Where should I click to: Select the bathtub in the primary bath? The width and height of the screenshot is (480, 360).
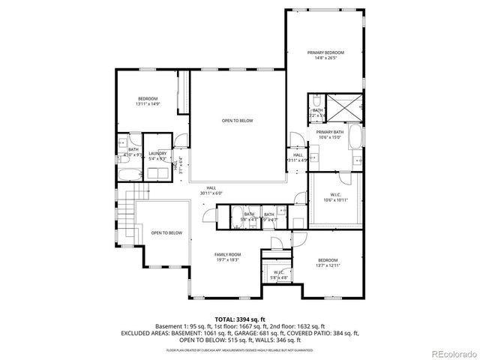[355, 139]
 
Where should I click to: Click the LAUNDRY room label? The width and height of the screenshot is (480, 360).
[157, 153]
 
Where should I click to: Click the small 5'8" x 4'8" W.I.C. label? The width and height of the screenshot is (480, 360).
[278, 274]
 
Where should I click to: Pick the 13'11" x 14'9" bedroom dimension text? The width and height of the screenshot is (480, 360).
[147, 104]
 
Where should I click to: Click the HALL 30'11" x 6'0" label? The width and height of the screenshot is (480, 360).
[211, 191]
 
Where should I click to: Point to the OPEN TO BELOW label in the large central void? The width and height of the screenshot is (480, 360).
[236, 120]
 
